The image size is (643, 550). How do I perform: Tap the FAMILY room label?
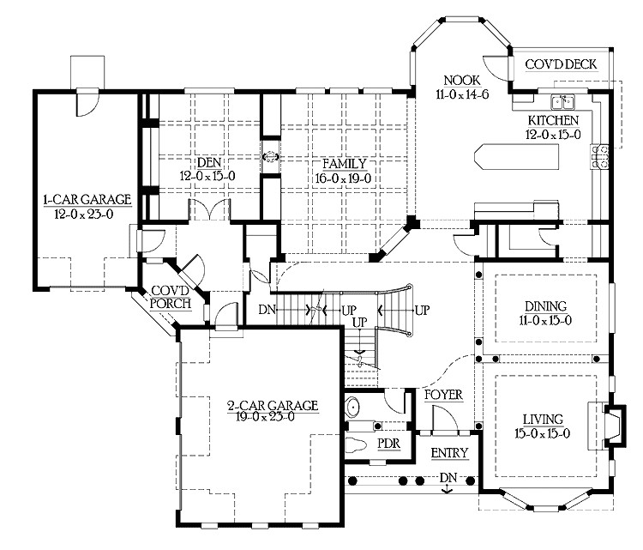coord(345,163)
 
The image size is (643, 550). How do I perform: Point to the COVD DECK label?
coord(562,65)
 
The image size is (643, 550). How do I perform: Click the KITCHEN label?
coord(553,120)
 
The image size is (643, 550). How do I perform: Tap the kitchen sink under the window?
coord(562,100)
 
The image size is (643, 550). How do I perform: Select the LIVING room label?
coord(544,420)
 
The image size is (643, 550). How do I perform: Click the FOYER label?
coord(443,395)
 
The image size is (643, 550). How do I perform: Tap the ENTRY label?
coord(448,452)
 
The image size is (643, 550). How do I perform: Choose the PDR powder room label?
coord(388,444)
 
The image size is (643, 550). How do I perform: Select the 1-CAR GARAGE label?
coord(87,199)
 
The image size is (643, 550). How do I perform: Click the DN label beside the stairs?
coord(267,309)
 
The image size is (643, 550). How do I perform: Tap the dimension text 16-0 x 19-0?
coord(345,177)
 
